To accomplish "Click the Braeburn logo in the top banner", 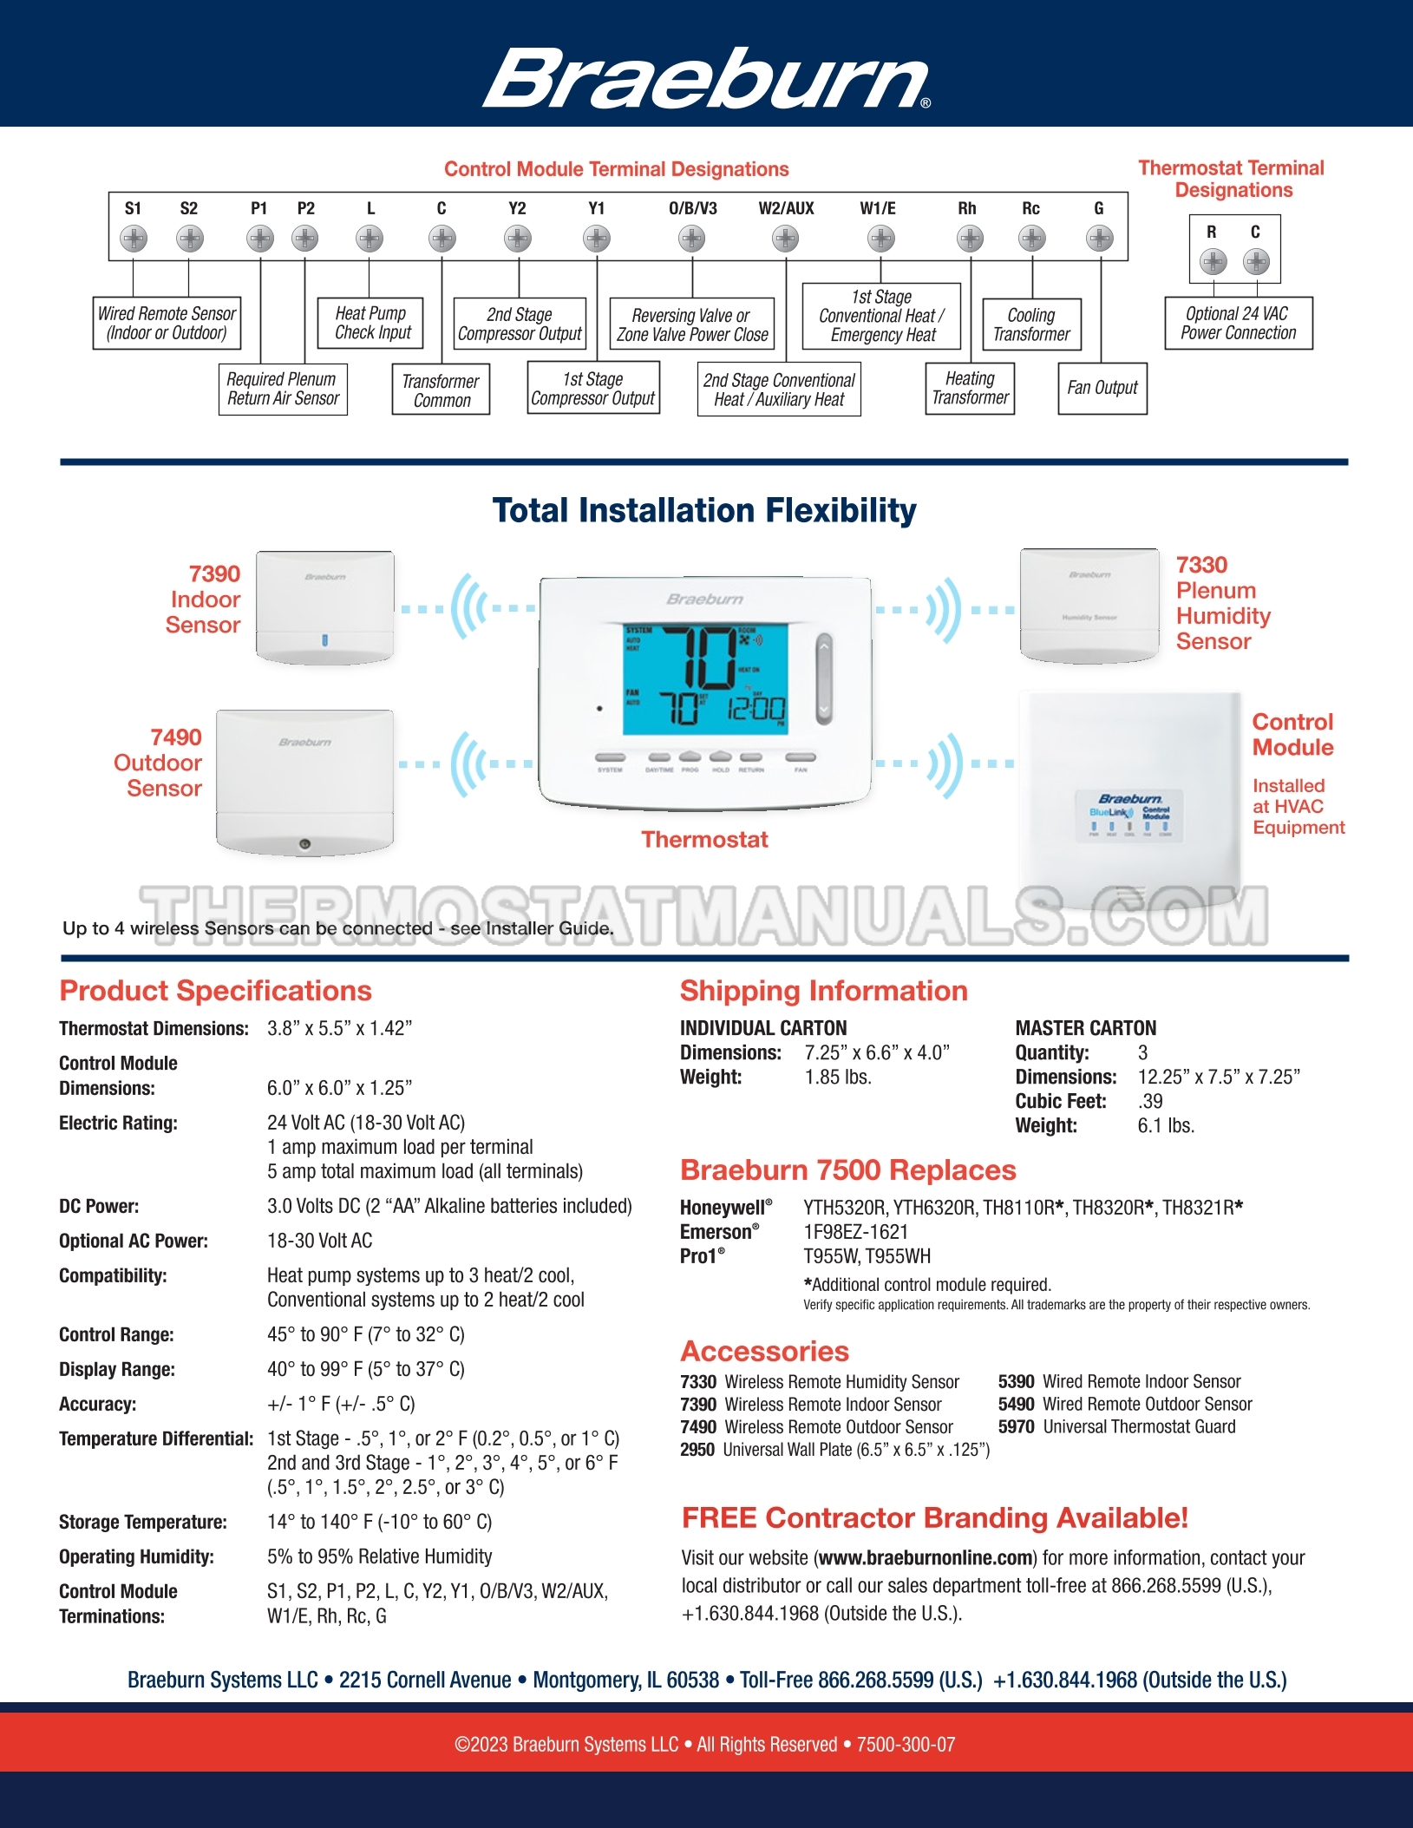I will [x=706, y=78].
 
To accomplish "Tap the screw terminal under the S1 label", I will [x=133, y=238].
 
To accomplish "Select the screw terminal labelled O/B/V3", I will [x=691, y=238].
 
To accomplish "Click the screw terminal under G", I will [x=1099, y=238].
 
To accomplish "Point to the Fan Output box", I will [x=1102, y=388].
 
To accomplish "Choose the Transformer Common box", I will [x=441, y=390].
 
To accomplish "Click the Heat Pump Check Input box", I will [x=371, y=323].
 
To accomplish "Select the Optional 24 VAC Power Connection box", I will [x=1238, y=323].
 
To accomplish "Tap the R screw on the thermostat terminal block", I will [x=1213, y=260].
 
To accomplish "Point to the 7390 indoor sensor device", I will [x=325, y=607].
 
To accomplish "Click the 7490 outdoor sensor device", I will [x=304, y=781].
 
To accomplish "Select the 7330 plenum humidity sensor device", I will [x=1089, y=605].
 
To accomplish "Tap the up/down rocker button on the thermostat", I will [x=823, y=678].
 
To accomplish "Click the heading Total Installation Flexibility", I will [x=704, y=510].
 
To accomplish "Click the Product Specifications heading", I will [x=215, y=991].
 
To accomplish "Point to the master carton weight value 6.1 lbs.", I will [x=1166, y=1126].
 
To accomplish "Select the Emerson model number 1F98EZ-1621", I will [x=856, y=1232].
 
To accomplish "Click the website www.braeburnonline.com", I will [x=926, y=1558].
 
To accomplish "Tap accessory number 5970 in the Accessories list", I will [x=1016, y=1427].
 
